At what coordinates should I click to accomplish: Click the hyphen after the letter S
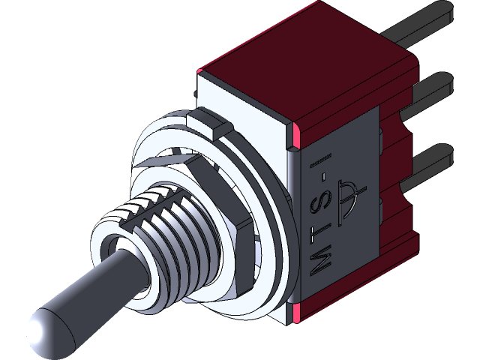tap(321, 183)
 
